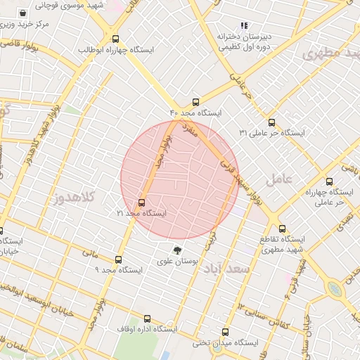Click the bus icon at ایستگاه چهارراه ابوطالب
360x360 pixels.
[x=115, y=39]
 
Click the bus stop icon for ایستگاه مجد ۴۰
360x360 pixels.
[x=195, y=102]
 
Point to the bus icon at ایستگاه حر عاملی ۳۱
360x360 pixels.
[x=271, y=122]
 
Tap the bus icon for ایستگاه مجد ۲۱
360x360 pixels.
[x=142, y=203]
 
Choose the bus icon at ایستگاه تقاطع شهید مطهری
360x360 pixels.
[x=283, y=229]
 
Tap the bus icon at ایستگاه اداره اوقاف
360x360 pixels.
[x=147, y=319]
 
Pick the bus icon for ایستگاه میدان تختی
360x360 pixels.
[x=225, y=332]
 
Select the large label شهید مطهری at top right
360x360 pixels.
[x=330, y=55]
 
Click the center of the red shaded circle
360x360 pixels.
[x=180, y=179]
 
